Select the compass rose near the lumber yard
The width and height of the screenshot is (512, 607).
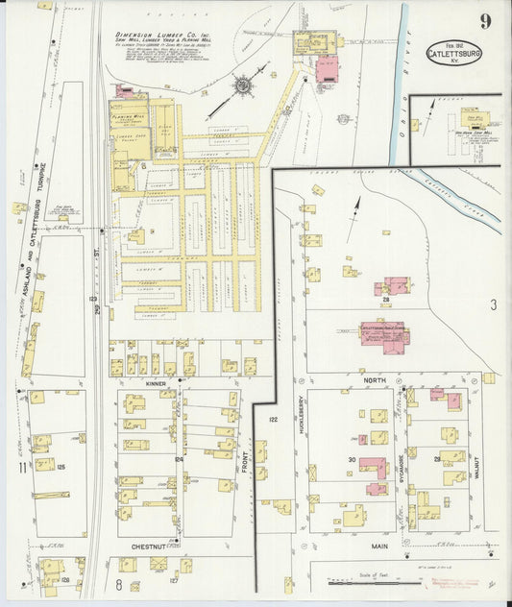tap(243, 87)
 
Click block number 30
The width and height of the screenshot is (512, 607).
tap(353, 461)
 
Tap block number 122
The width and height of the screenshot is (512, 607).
tap(273, 420)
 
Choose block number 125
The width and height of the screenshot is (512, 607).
tap(60, 467)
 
